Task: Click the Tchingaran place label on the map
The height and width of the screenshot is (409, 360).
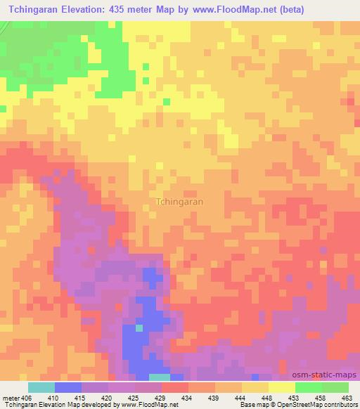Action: (179, 201)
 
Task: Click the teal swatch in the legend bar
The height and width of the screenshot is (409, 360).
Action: (41, 387)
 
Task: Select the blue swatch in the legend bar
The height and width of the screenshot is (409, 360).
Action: (68, 387)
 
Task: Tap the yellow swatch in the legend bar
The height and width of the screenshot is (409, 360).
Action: (282, 387)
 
